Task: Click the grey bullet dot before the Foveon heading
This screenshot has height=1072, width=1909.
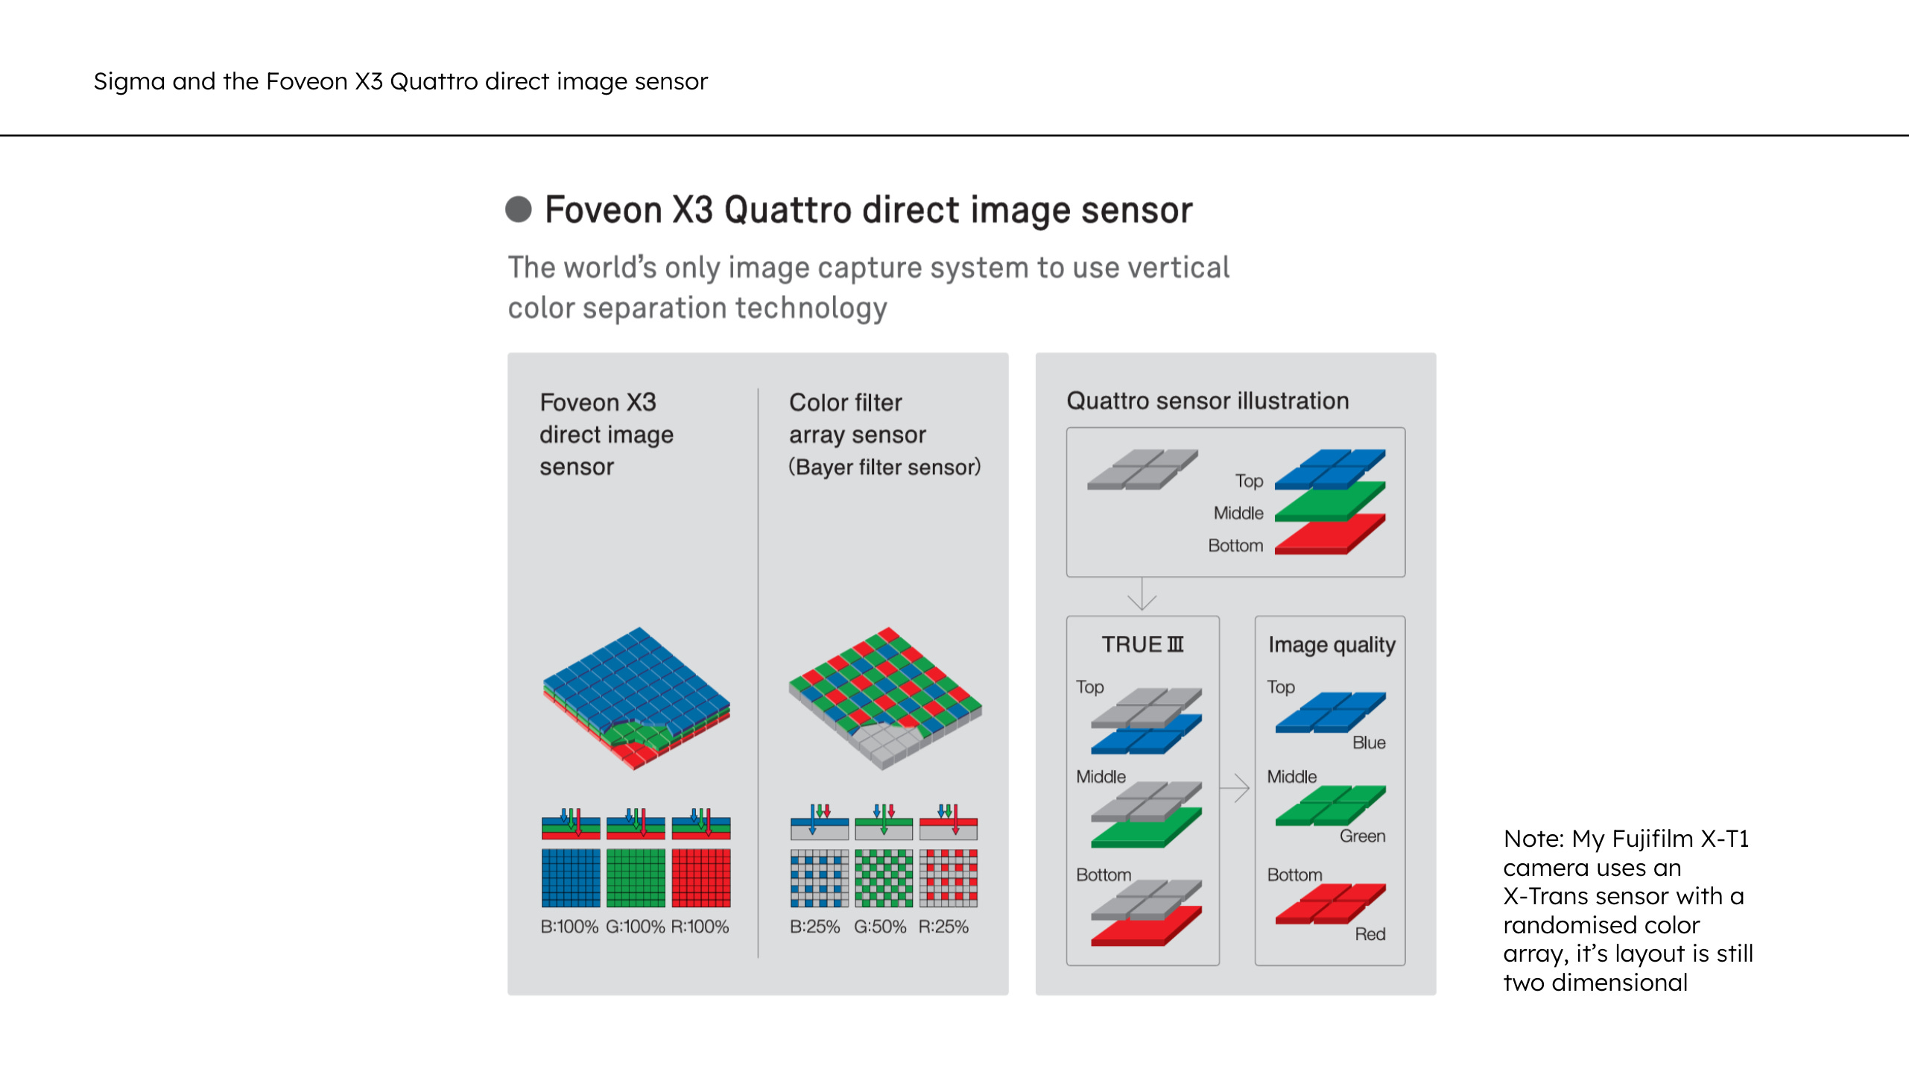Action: pyautogui.click(x=519, y=209)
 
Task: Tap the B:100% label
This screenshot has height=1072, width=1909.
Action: pyautogui.click(x=569, y=927)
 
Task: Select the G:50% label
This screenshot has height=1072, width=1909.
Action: pyautogui.click(x=880, y=927)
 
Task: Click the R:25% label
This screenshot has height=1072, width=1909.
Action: pyautogui.click(x=943, y=927)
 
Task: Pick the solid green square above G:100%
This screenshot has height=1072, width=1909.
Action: pyautogui.click(x=636, y=877)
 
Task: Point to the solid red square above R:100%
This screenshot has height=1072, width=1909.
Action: pyautogui.click(x=701, y=877)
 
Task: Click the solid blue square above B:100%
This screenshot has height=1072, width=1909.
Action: pyautogui.click(x=571, y=877)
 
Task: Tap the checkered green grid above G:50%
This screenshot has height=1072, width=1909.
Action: pyautogui.click(x=884, y=877)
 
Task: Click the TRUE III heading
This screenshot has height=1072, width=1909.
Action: pyautogui.click(x=1142, y=644)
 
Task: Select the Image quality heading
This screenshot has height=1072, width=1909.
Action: pyautogui.click(x=1332, y=644)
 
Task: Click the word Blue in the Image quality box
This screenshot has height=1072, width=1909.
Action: pyautogui.click(x=1369, y=742)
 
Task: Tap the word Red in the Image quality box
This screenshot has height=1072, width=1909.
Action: pyautogui.click(x=1370, y=934)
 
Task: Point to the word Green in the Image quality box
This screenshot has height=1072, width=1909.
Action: pyautogui.click(x=1362, y=836)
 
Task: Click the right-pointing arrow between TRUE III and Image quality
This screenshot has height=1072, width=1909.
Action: pyautogui.click(x=1236, y=787)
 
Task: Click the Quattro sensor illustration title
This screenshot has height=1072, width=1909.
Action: pyautogui.click(x=1207, y=401)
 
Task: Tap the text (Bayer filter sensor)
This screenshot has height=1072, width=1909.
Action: pyautogui.click(x=884, y=467)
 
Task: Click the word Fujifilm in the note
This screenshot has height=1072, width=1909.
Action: pyautogui.click(x=1653, y=839)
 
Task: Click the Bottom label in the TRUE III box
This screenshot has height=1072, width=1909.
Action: pyautogui.click(x=1104, y=874)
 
